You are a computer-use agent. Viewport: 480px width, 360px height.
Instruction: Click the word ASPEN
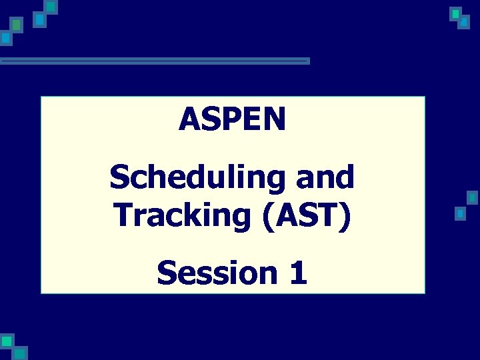[232, 120]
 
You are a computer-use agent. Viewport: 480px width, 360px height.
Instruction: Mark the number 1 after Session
[297, 273]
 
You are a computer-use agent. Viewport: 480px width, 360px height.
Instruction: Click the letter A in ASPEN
[189, 120]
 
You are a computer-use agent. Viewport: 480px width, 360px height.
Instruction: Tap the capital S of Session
[167, 273]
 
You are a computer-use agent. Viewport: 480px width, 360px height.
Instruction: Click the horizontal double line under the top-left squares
[155, 61]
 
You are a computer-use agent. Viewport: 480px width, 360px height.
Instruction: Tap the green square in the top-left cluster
[17, 25]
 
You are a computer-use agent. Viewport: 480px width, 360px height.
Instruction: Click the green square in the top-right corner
[455, 13]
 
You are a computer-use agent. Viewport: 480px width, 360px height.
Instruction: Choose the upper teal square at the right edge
[472, 197]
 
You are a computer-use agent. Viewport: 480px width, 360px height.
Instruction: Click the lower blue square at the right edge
[459, 214]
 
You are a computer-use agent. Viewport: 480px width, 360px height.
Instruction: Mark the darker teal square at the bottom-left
[21, 353]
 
